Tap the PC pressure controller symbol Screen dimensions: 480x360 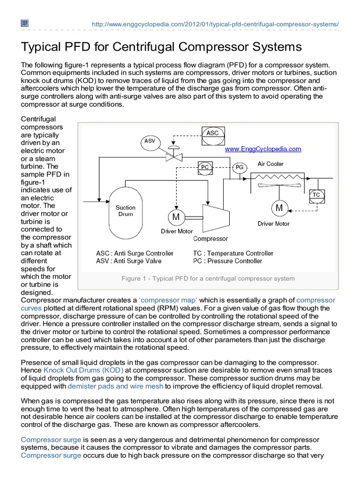tap(205, 167)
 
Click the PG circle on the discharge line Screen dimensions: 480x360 tap(239, 167)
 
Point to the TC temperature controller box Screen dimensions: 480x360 tap(316, 195)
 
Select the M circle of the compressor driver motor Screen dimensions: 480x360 tap(176, 217)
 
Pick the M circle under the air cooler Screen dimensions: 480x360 tap(279, 208)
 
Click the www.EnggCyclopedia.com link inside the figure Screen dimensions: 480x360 tap(263, 149)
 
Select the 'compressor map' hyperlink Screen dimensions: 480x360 tap(168, 300)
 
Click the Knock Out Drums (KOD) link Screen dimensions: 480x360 tap(83, 370)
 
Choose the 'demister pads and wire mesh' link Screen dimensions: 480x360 tap(115, 386)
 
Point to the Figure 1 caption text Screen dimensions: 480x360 tap(208, 278)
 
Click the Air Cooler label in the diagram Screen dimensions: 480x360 tap(270, 164)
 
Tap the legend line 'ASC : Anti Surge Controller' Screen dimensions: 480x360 tap(135, 253)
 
